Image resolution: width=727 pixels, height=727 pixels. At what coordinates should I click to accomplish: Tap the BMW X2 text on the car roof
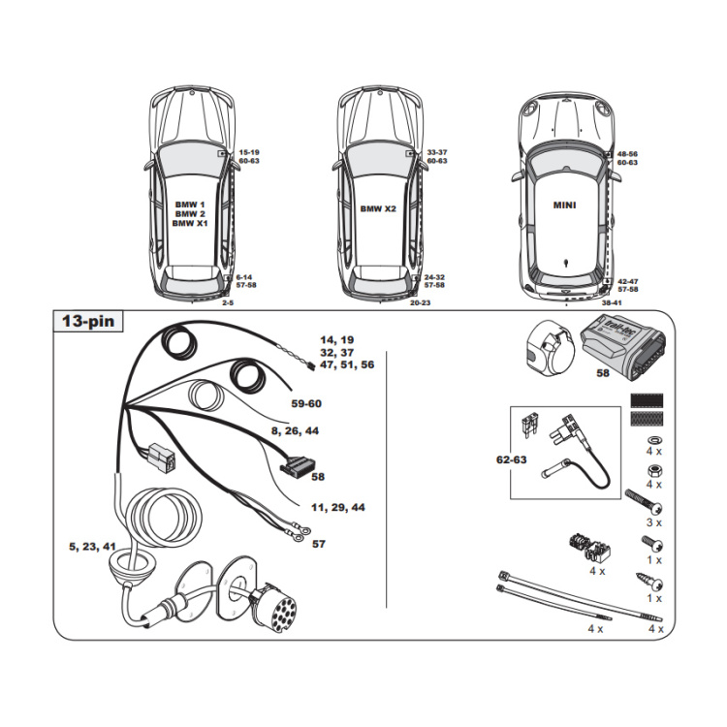click(379, 209)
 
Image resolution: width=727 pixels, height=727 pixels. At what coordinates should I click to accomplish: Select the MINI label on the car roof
click(564, 205)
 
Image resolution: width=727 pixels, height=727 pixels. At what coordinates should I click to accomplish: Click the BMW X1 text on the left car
click(190, 223)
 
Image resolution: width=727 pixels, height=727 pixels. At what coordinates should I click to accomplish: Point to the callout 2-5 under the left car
click(229, 303)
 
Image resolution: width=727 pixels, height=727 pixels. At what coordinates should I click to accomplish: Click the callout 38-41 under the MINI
click(613, 303)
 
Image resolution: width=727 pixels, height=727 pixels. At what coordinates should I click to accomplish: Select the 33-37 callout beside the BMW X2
click(436, 152)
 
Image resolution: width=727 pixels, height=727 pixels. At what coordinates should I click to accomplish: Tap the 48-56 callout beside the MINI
click(627, 154)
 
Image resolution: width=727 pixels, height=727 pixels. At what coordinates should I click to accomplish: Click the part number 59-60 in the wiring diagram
click(306, 403)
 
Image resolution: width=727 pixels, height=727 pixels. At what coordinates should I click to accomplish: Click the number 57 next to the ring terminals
click(319, 545)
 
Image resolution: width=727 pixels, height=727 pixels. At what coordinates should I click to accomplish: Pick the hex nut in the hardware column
click(649, 469)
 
